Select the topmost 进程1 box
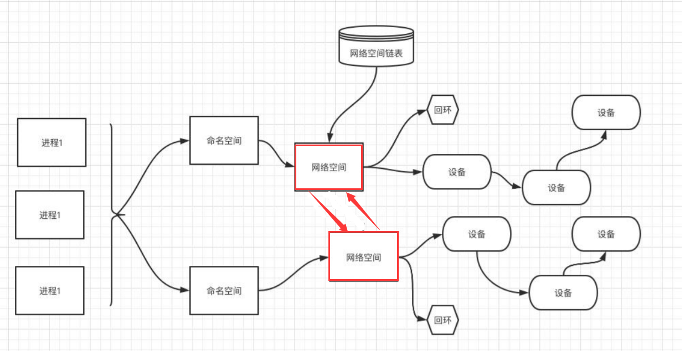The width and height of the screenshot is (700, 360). [52, 142]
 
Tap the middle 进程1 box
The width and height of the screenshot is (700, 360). [50, 215]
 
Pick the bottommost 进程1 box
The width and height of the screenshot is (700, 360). [50, 290]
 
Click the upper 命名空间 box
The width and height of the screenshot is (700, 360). [224, 141]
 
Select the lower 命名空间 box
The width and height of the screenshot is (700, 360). [224, 290]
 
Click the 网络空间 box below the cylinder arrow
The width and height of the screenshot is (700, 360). [328, 167]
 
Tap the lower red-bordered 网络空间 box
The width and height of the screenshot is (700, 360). [363, 256]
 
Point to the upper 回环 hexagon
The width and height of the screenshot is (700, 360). [443, 110]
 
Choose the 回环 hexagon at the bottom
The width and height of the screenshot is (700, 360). [443, 320]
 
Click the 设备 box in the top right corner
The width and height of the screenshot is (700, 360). [606, 112]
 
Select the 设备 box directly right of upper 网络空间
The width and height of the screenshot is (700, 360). [457, 172]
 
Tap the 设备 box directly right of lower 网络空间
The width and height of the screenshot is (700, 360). [476, 234]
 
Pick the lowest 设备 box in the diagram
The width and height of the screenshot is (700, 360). [563, 292]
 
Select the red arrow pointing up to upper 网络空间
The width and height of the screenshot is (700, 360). [362, 211]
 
